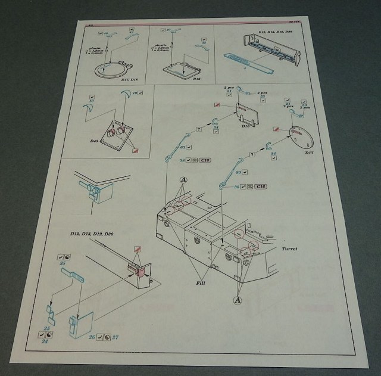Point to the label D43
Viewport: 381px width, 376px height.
coord(101,141)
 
